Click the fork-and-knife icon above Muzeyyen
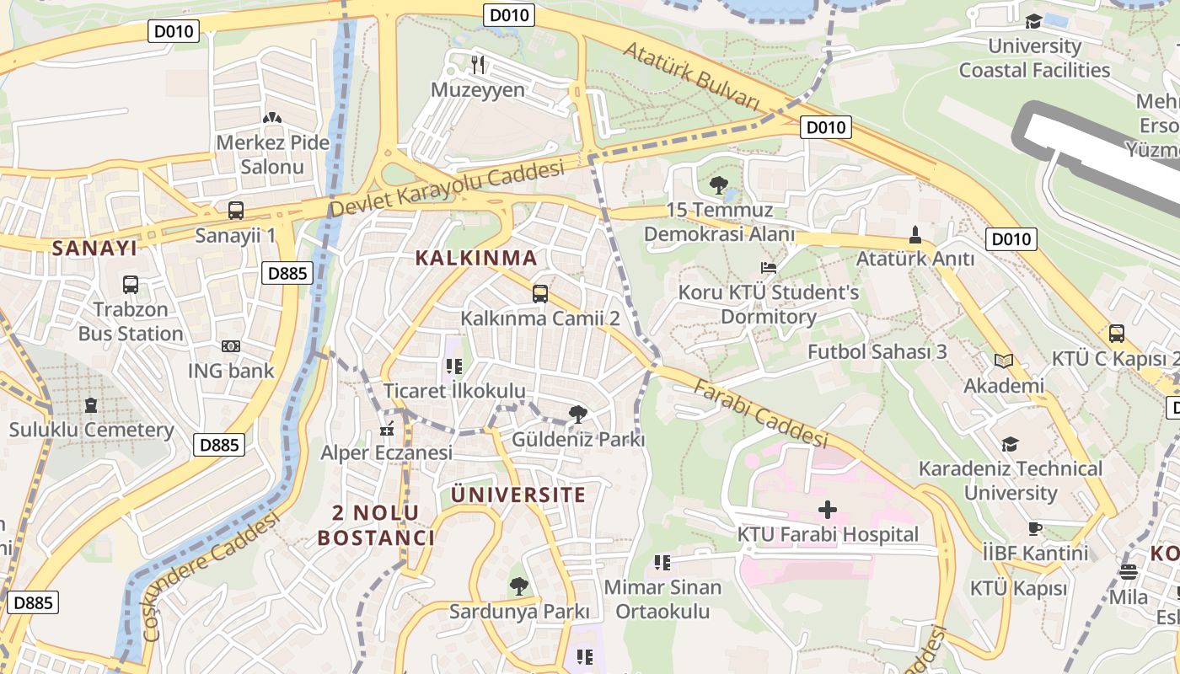pyautogui.click(x=478, y=64)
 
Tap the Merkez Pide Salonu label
pyautogui.click(x=272, y=154)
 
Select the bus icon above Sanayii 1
pyautogui.click(x=236, y=211)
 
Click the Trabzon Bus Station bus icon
pyautogui.click(x=131, y=285)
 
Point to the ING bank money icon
pyautogui.click(x=230, y=346)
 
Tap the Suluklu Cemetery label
pyautogui.click(x=91, y=430)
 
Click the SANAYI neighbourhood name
pyautogui.click(x=94, y=248)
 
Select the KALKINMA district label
pyautogui.click(x=476, y=258)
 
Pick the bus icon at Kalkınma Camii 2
pyautogui.click(x=540, y=294)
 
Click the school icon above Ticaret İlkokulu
pyautogui.click(x=454, y=366)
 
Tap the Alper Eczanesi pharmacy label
pyautogui.click(x=386, y=452)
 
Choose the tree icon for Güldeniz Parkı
pyautogui.click(x=578, y=414)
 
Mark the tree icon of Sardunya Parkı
pyautogui.click(x=519, y=586)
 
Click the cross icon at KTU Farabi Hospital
pyautogui.click(x=828, y=509)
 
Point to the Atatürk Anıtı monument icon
pyautogui.click(x=915, y=234)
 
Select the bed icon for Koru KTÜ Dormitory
pyautogui.click(x=769, y=268)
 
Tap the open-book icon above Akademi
pyautogui.click(x=1003, y=361)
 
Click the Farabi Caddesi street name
pyautogui.click(x=760, y=414)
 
